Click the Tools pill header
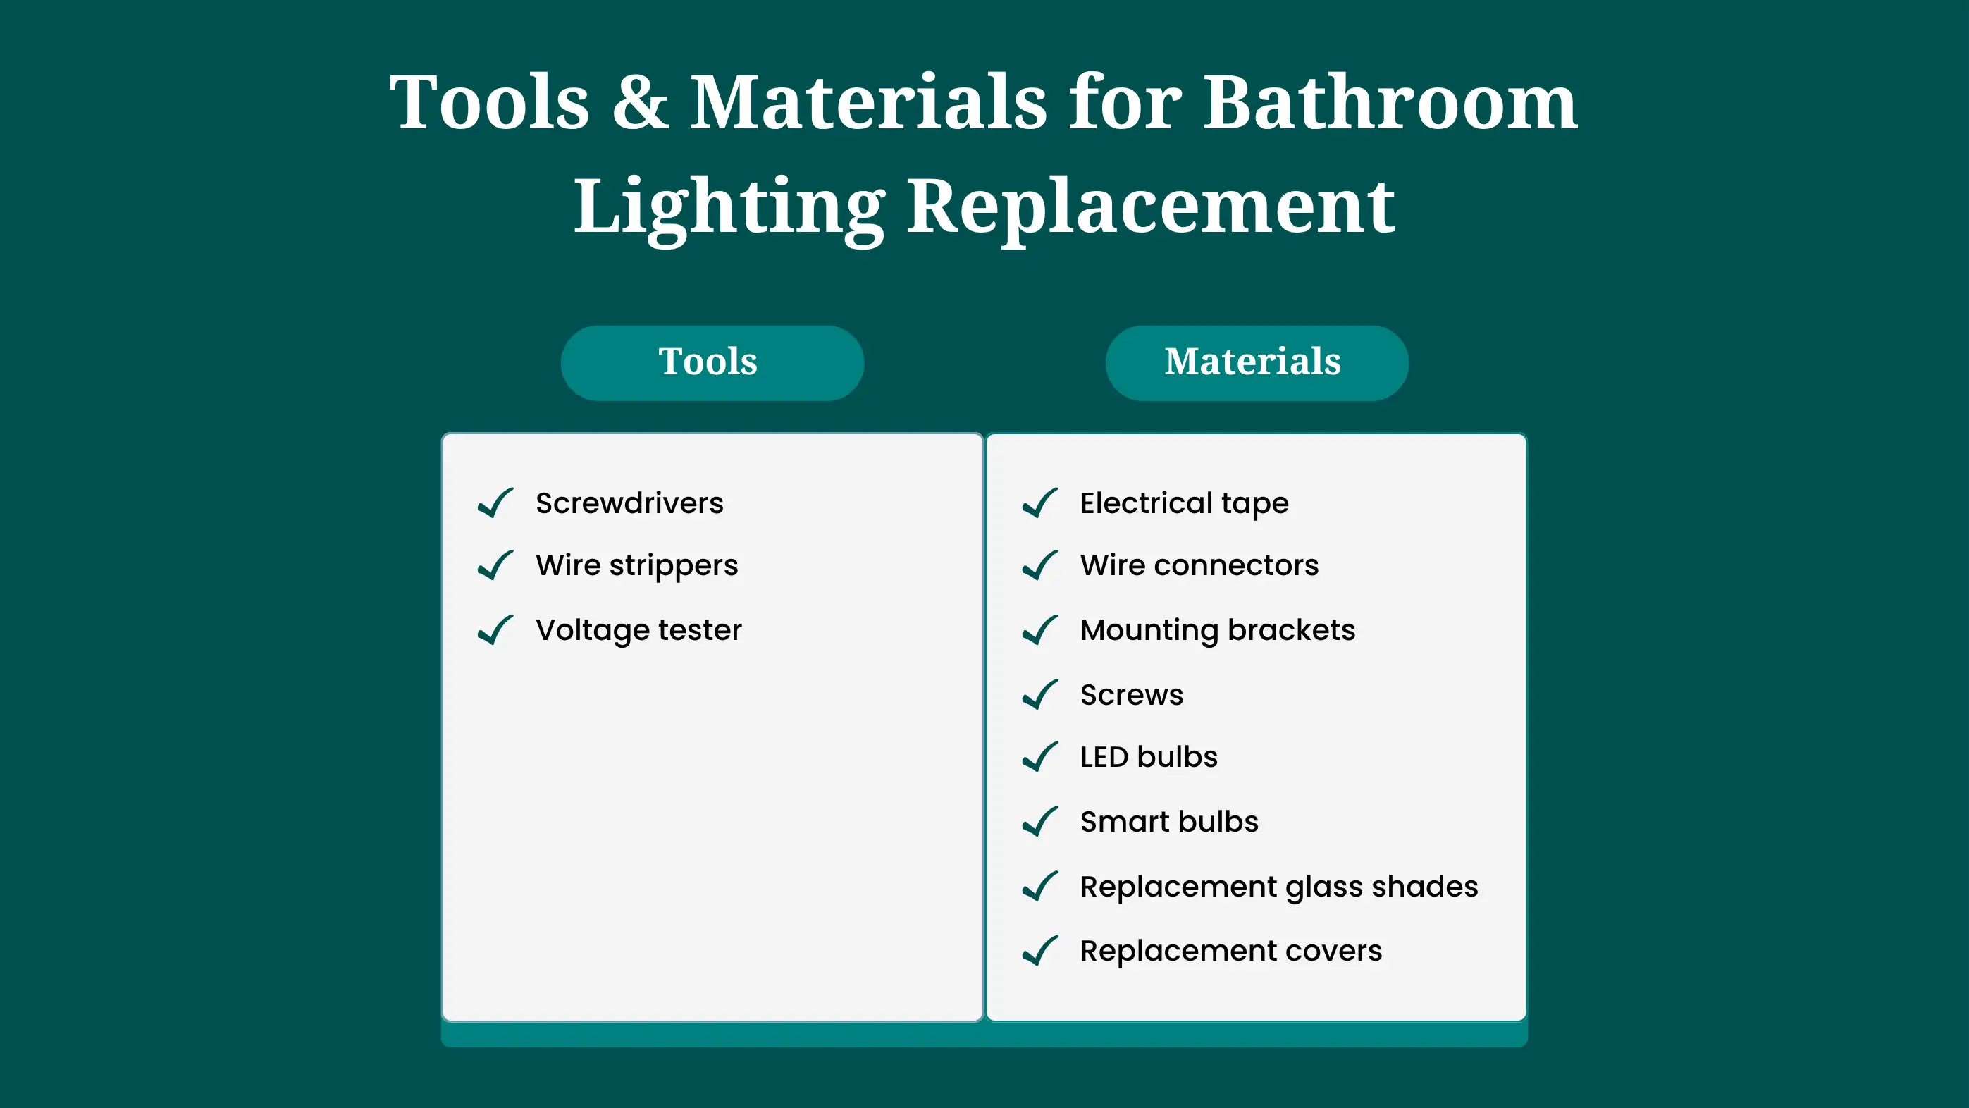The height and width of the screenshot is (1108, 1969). [712, 363]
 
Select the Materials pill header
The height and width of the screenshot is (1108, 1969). [1257, 363]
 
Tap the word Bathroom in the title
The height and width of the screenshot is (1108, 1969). [1390, 102]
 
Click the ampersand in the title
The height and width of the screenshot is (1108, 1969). [641, 102]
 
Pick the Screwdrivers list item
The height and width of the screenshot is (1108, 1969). [629, 503]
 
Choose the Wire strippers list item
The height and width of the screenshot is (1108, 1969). [636, 566]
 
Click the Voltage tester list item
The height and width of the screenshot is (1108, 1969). [638, 630]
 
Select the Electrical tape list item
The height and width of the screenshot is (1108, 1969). [1184, 503]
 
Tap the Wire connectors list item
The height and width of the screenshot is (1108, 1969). [1199, 565]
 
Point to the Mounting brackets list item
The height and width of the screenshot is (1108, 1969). [1218, 630]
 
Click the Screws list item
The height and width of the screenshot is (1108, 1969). [1131, 695]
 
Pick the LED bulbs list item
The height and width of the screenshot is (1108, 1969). [1149, 757]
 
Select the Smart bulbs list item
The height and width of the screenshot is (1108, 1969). [1168, 822]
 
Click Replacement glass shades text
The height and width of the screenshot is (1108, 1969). [1279, 887]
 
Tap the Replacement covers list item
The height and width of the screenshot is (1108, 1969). [1230, 952]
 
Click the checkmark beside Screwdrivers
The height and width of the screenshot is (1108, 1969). [495, 503]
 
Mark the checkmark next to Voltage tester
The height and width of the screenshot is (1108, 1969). [495, 630]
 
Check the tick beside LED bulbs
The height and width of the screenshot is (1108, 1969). [1040, 757]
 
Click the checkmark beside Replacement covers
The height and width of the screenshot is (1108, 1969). [1040, 952]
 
